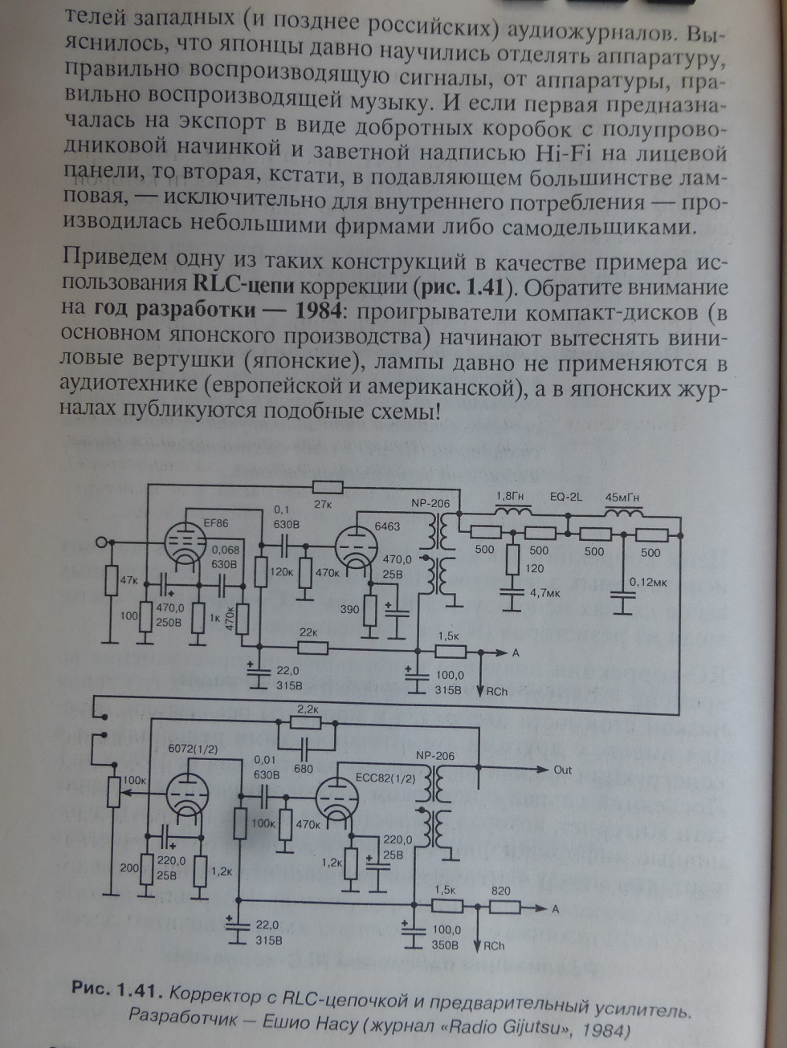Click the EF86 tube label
(x=216, y=523)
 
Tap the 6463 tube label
(x=387, y=526)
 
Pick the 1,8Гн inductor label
(x=512, y=495)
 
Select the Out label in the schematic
(x=562, y=770)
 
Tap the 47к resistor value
(x=128, y=579)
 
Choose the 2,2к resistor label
(x=307, y=709)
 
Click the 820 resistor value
(x=500, y=891)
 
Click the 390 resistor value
(x=349, y=609)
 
